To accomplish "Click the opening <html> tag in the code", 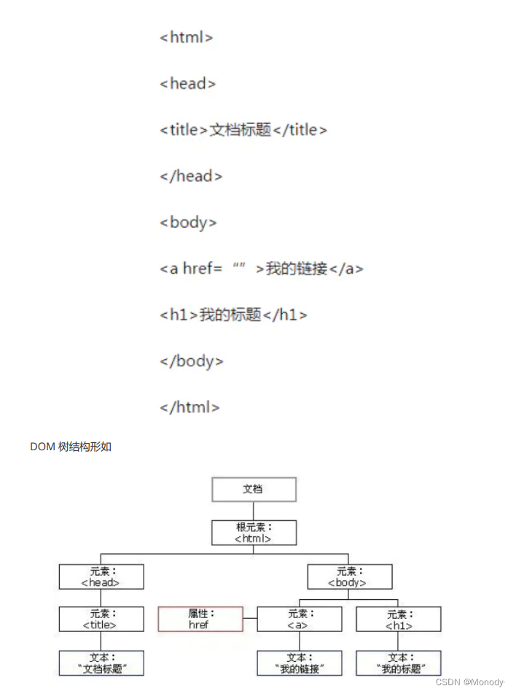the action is [x=186, y=37].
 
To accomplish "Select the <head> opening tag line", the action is [x=187, y=84].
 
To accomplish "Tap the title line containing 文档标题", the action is [x=243, y=130].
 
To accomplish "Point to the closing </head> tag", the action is [x=191, y=176].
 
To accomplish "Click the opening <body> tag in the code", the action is [x=188, y=223].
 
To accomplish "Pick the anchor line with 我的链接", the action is [x=261, y=269].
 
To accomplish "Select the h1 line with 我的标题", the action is [x=233, y=315].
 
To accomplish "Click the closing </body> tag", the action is [x=192, y=361].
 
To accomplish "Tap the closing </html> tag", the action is [x=189, y=407].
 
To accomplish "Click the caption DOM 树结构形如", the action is [x=71, y=447].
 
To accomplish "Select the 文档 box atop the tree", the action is [x=254, y=489].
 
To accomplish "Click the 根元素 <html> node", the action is [x=254, y=533].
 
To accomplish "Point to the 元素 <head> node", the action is [x=101, y=577].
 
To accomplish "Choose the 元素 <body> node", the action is [x=350, y=577].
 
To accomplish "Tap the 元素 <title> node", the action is [x=101, y=620].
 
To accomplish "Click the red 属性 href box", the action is [x=200, y=620].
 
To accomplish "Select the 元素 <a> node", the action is [x=299, y=620].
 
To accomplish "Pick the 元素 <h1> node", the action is [x=398, y=620].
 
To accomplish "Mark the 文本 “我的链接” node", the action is [x=299, y=663].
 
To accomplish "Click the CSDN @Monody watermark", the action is [x=470, y=682].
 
